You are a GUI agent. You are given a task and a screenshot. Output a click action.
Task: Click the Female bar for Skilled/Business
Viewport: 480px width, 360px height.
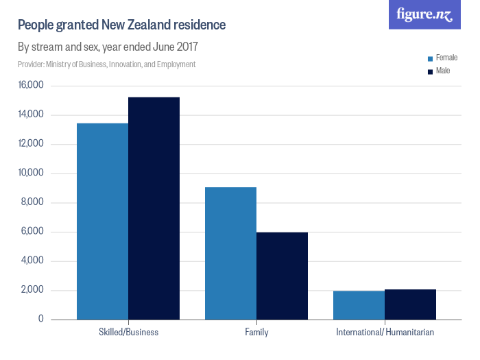(x=102, y=221)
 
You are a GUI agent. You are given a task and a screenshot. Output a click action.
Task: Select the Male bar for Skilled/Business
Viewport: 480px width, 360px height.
(x=154, y=208)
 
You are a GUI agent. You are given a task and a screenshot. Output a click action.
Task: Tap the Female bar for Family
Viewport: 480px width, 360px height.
(x=230, y=253)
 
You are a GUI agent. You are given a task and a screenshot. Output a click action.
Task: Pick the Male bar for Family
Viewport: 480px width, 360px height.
(x=282, y=276)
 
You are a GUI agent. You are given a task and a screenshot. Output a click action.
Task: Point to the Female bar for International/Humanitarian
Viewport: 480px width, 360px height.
(x=359, y=305)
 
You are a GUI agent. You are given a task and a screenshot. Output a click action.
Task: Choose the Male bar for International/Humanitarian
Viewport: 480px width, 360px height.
(x=410, y=304)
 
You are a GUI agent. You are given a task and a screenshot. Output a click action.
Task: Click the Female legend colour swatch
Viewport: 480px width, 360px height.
(x=430, y=59)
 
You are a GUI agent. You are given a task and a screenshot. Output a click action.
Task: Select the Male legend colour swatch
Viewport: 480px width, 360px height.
(x=430, y=71)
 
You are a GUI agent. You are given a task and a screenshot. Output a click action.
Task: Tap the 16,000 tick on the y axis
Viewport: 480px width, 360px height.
(x=31, y=86)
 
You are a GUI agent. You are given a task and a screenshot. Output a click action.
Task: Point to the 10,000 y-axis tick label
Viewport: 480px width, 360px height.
(x=31, y=173)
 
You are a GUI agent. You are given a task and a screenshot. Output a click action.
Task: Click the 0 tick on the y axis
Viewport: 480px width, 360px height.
(x=40, y=320)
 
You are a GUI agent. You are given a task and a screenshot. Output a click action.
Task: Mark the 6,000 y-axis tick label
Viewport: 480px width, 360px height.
(x=32, y=232)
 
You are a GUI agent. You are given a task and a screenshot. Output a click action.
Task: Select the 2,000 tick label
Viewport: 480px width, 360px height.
(x=32, y=290)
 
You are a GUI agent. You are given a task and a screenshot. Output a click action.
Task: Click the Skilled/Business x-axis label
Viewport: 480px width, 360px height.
(x=128, y=333)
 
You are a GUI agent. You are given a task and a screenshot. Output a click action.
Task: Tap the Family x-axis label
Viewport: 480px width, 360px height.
(x=256, y=333)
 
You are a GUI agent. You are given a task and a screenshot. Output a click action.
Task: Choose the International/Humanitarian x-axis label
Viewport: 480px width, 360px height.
(x=385, y=333)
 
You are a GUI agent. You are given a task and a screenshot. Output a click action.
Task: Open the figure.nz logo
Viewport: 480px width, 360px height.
(x=424, y=14)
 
